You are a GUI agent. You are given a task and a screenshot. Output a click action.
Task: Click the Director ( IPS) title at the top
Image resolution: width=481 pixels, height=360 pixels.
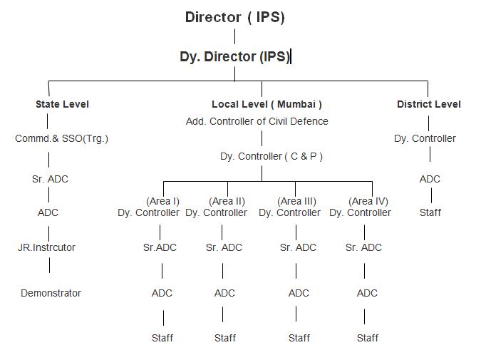tap(235, 17)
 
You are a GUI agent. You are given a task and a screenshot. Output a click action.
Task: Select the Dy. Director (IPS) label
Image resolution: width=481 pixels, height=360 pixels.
tap(235, 57)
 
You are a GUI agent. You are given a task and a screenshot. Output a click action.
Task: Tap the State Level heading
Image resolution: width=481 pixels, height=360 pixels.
tap(62, 104)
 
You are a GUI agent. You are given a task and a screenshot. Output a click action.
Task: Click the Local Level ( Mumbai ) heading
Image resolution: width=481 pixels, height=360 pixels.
tap(267, 104)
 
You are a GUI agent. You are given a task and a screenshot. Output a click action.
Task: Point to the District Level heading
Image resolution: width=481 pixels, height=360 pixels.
tap(429, 104)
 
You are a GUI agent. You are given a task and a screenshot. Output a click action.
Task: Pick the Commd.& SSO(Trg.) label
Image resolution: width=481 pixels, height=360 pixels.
tap(62, 139)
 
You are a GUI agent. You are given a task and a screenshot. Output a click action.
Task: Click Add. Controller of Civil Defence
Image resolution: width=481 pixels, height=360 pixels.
tap(257, 121)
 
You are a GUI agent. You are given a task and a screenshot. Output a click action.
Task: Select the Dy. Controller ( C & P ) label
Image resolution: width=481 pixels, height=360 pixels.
tap(271, 157)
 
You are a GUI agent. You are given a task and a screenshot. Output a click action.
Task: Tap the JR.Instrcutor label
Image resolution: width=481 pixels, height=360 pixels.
tap(46, 247)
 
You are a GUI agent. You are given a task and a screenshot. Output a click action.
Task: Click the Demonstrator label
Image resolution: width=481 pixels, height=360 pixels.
tap(51, 293)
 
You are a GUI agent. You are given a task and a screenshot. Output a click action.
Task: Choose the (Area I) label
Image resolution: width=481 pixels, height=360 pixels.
tap(163, 201)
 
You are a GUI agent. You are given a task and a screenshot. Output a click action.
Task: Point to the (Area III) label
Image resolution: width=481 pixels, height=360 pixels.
tap(296, 201)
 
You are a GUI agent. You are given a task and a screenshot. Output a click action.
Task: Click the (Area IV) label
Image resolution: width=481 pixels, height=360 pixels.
tap(368, 201)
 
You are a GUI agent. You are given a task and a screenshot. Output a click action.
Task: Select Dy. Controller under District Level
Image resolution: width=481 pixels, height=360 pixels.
tap(425, 139)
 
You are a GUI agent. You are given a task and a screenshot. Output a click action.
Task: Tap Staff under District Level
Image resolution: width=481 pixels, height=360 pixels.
tap(430, 212)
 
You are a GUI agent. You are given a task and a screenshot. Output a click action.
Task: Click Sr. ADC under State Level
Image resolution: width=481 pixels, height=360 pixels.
tap(50, 179)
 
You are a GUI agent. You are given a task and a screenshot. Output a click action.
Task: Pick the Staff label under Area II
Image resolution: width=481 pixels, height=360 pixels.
tap(225, 338)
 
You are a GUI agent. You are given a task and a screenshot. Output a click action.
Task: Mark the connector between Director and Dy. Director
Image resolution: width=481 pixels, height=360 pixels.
tap(235, 36)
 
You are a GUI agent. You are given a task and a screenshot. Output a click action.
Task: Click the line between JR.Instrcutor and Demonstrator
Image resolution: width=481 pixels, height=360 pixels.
tap(49, 265)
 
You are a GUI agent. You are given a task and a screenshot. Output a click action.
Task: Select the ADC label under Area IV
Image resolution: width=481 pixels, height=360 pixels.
tap(367, 293)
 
